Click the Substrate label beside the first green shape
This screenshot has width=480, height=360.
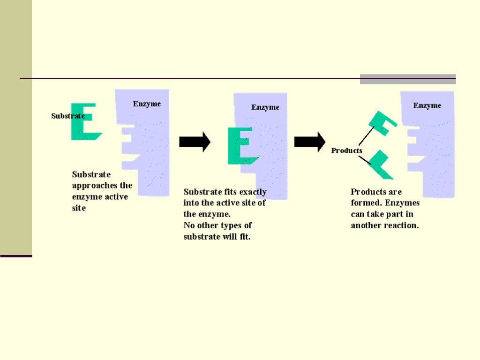click(x=67, y=116)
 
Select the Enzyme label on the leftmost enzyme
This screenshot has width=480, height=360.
click(x=147, y=104)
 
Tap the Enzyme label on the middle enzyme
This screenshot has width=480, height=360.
click(x=265, y=107)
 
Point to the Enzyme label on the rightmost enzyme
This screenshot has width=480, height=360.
click(x=427, y=105)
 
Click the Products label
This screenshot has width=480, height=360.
click(x=347, y=150)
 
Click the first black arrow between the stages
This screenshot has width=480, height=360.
click(x=195, y=142)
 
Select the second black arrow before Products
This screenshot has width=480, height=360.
click(x=309, y=142)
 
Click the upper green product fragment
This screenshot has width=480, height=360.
click(x=382, y=123)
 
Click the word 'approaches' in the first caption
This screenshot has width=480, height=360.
click(x=102, y=185)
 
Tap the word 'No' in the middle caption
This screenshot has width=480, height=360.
click(x=189, y=225)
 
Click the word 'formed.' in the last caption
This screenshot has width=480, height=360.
click(x=366, y=203)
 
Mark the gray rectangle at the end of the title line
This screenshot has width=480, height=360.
click(x=408, y=79)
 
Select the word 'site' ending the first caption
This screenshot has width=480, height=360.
click(x=79, y=208)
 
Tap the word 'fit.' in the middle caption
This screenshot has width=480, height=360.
click(x=245, y=237)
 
